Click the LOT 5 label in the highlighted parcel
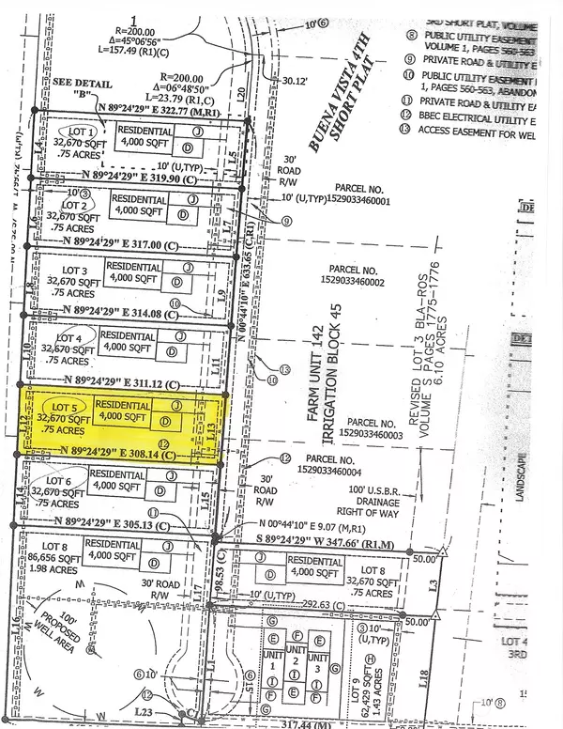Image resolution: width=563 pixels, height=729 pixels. click(x=56, y=405)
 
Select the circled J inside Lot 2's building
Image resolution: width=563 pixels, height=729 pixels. click(x=192, y=199)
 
